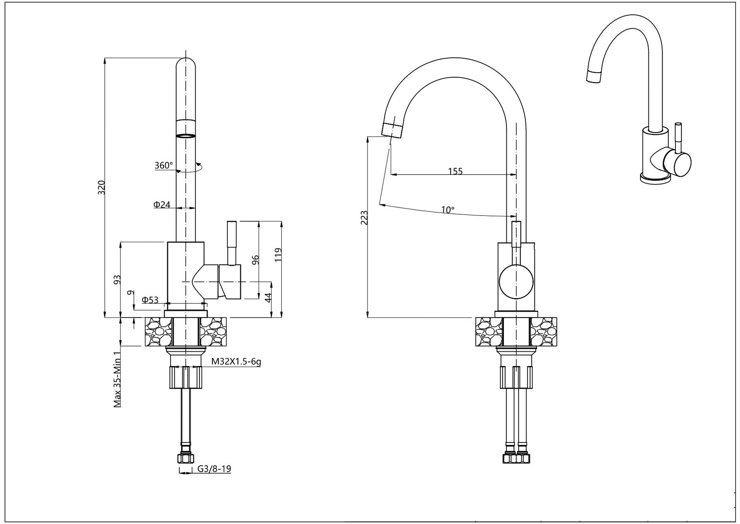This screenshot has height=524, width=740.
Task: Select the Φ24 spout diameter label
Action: pyautogui.click(x=162, y=204)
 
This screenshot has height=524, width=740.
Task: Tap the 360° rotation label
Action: pyautogui.click(x=164, y=165)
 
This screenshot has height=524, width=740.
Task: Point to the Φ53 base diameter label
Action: pyautogui.click(x=150, y=299)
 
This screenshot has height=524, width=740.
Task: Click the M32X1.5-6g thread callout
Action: pyautogui.click(x=236, y=361)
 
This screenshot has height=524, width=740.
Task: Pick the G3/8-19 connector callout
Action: pyautogui.click(x=214, y=469)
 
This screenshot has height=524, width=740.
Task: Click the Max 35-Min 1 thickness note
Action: pyautogui.click(x=117, y=379)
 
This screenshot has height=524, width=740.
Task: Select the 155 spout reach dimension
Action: pyautogui.click(x=455, y=171)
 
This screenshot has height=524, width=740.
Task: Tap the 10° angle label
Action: pyautogui.click(x=448, y=210)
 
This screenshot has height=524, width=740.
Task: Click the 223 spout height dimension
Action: pyautogui.click(x=364, y=218)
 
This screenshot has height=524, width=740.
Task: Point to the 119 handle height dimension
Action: pyautogui.click(x=278, y=255)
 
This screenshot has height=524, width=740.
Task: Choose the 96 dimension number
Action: pyautogui.click(x=255, y=260)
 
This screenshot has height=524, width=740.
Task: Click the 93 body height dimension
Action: pyautogui.click(x=117, y=279)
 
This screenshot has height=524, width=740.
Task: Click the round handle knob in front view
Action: pyautogui.click(x=516, y=282)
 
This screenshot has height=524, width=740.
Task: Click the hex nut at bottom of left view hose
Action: pyautogui.click(x=186, y=459)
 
